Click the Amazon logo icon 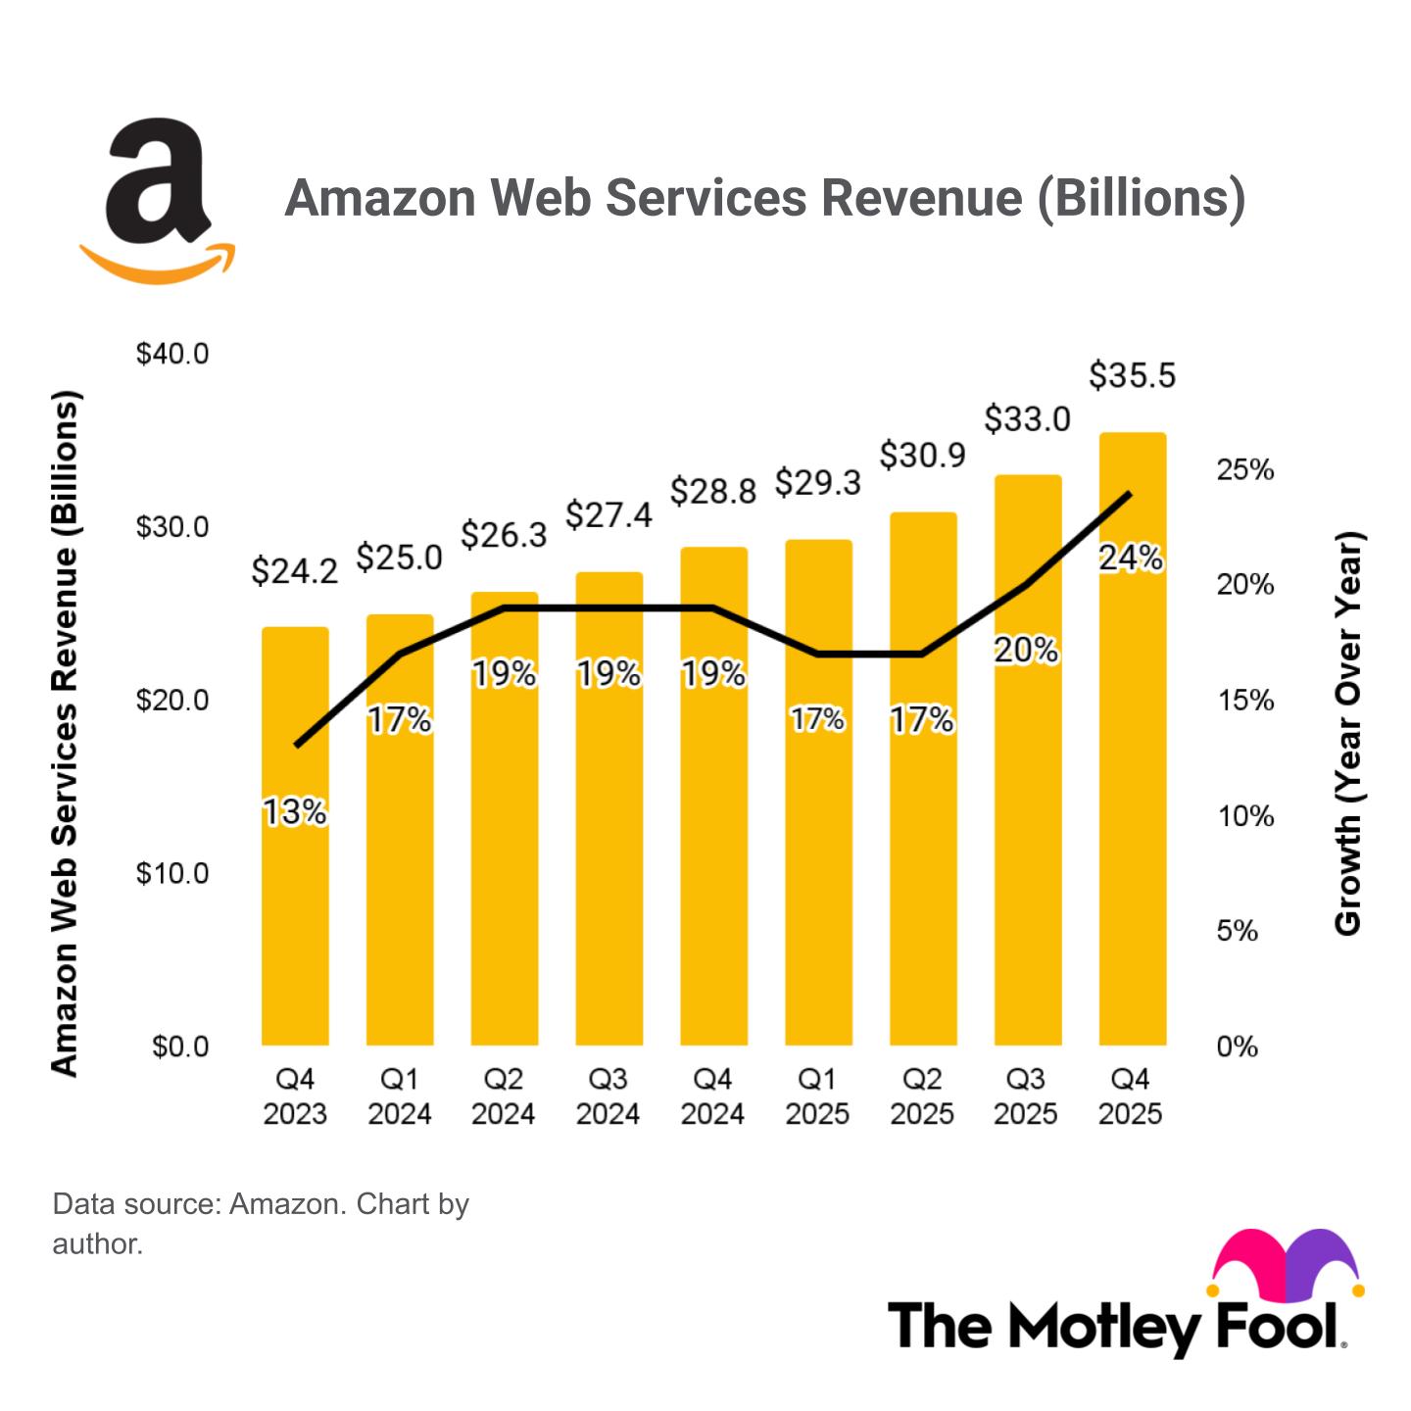pyautogui.click(x=158, y=201)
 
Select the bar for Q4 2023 pyautogui.click(x=295, y=882)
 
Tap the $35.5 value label pyautogui.click(x=1132, y=375)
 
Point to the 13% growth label pyautogui.click(x=294, y=812)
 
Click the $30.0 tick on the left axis pyautogui.click(x=172, y=527)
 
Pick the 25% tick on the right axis pyautogui.click(x=1244, y=470)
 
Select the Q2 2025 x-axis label pyautogui.click(x=921, y=1096)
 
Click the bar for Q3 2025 pyautogui.click(x=1028, y=833)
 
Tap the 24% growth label pyautogui.click(x=1131, y=559)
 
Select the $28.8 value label pyautogui.click(x=713, y=491)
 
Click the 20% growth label pyautogui.click(x=1026, y=651)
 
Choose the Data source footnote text pyautogui.click(x=261, y=1223)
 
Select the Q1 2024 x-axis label pyautogui.click(x=399, y=1096)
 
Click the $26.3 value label pyautogui.click(x=504, y=535)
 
